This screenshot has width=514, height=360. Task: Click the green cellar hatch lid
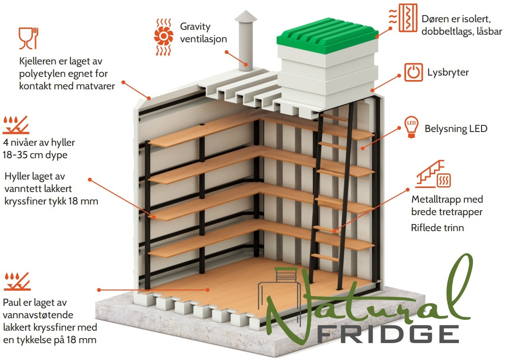[x=327, y=36]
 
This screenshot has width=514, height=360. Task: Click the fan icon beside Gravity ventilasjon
[x=163, y=37]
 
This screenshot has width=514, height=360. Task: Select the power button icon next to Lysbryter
[x=414, y=72]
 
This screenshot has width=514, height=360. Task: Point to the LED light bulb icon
[x=411, y=127]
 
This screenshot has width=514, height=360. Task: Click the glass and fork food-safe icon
[x=28, y=38]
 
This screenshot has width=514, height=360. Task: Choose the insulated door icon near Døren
[x=403, y=18]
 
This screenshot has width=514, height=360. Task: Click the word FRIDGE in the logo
[x=388, y=335]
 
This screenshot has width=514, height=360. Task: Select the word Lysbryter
[x=448, y=72]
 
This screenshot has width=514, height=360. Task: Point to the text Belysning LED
[x=456, y=128]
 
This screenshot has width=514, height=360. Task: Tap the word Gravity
[x=195, y=27]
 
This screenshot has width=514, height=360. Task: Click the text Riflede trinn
[x=437, y=228]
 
